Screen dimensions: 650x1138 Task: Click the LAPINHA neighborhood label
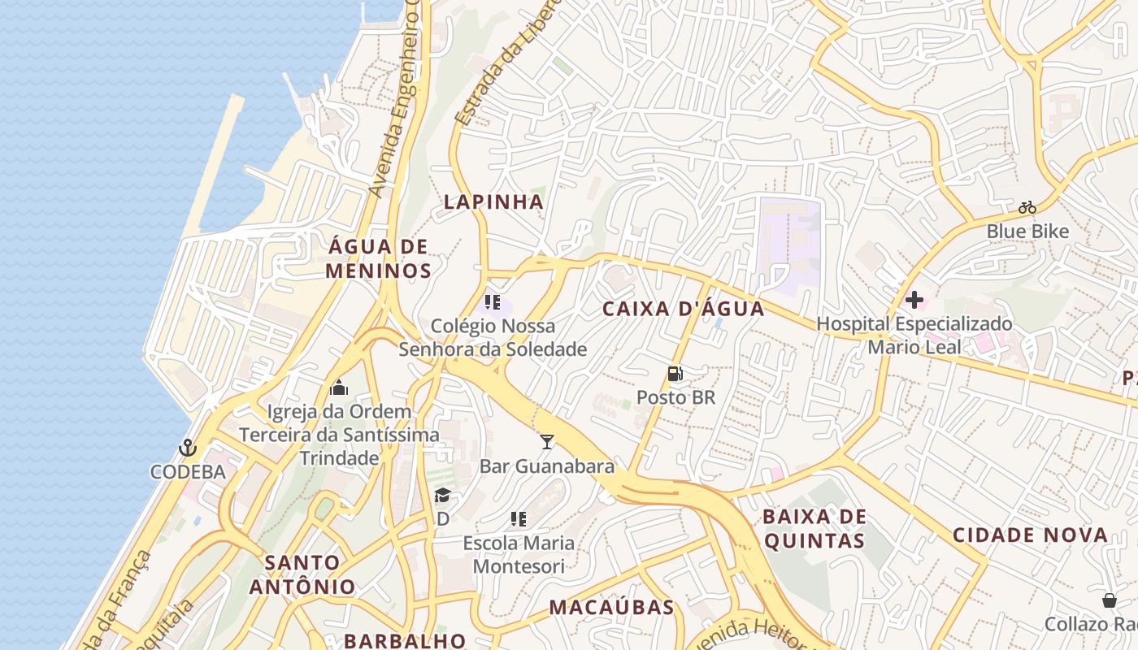point(493,202)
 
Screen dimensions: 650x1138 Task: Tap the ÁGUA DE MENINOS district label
point(378,258)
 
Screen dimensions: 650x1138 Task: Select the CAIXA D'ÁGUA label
point(684,309)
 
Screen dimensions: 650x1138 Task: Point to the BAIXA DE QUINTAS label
point(814,529)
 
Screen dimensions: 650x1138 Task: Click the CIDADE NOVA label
point(1030,535)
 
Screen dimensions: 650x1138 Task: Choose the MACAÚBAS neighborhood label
point(611,607)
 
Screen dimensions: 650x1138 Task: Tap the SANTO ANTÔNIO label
point(302,574)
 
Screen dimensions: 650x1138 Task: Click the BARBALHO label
point(405,640)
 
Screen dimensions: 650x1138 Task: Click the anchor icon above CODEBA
point(188,448)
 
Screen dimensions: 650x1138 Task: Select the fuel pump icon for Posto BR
point(675,374)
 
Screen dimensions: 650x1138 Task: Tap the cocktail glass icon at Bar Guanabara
point(547,441)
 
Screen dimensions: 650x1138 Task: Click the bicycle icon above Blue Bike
point(1027,207)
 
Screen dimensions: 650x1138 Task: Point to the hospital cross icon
point(914,300)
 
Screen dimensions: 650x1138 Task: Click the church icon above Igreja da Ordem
point(340,388)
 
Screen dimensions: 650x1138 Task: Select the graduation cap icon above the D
point(442,496)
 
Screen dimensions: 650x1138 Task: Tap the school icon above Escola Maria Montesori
point(518,519)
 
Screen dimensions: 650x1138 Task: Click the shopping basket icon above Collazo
point(1110,600)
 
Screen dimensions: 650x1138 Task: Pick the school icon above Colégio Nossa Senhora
point(492,302)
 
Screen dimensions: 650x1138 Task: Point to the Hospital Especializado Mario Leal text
point(914,336)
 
